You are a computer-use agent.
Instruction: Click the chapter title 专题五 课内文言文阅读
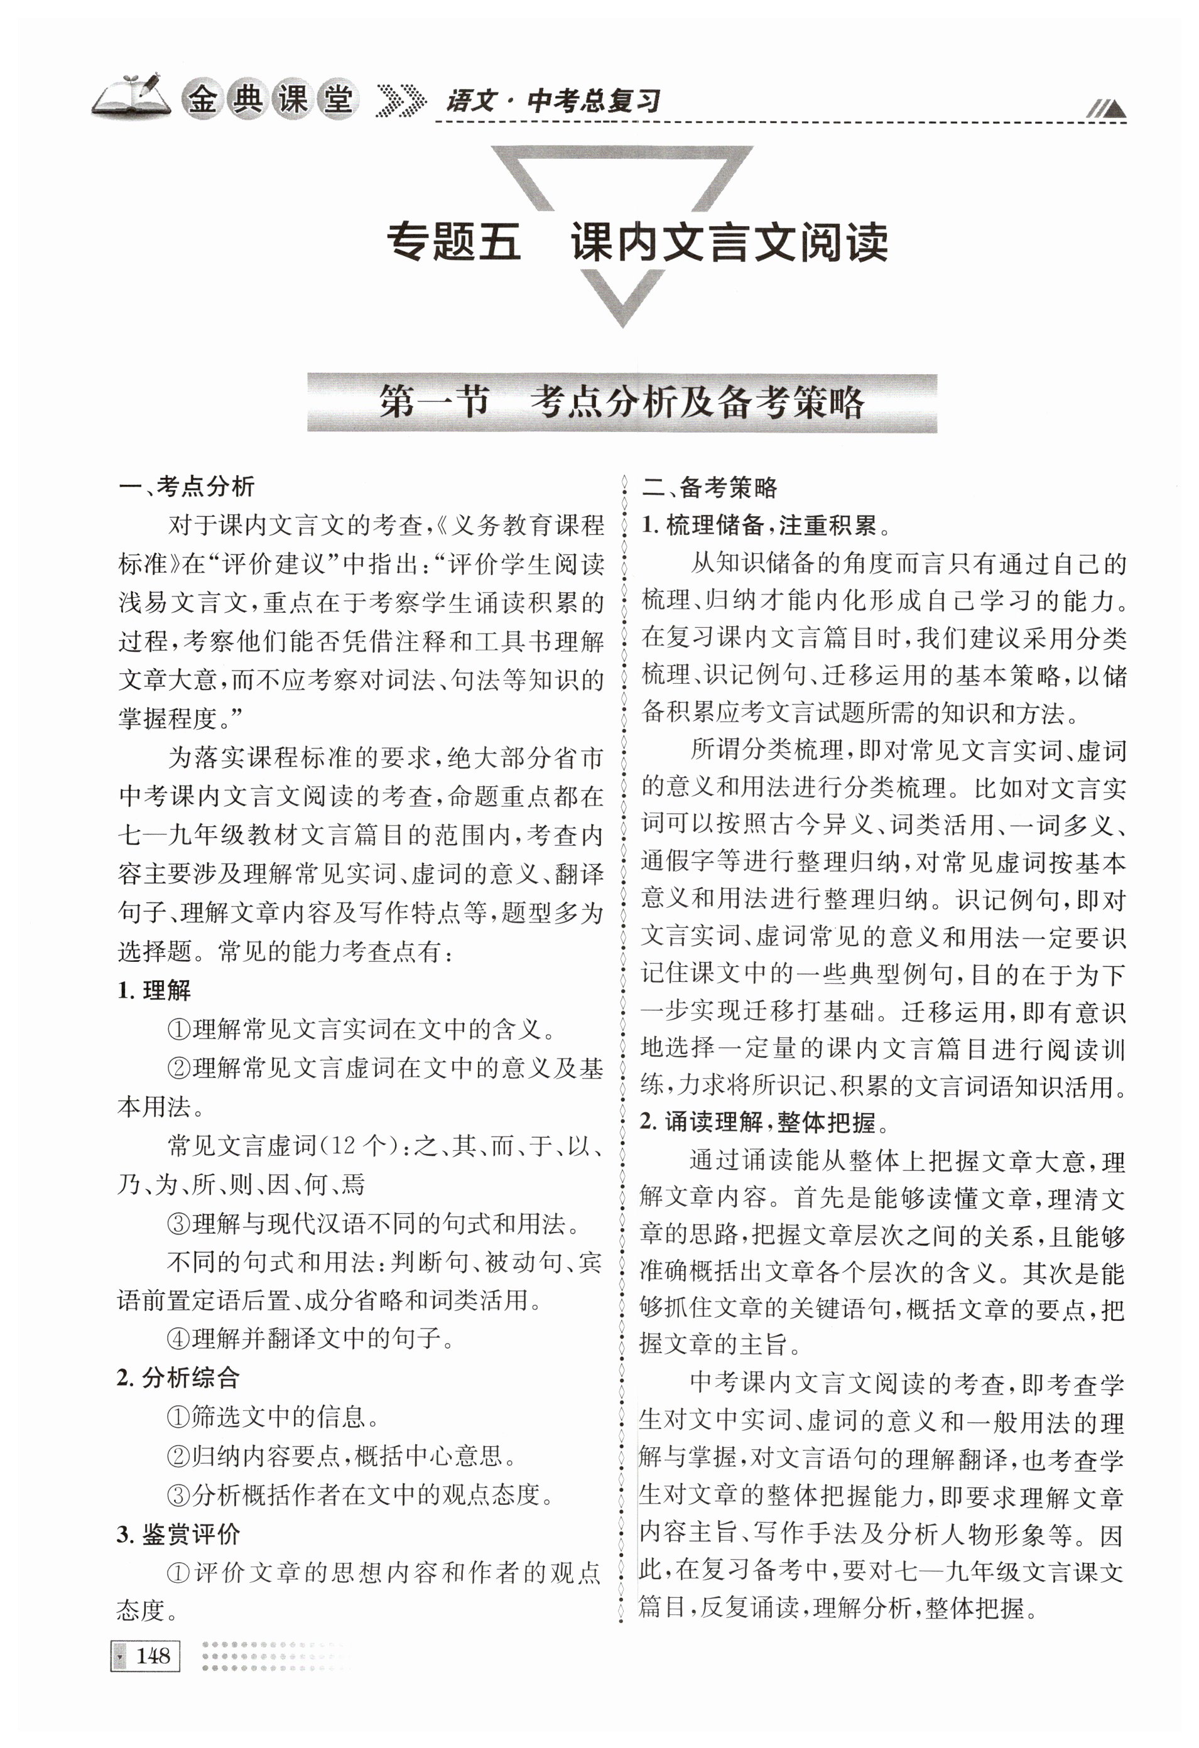(636, 242)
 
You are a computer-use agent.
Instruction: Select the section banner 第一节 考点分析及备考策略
(621, 402)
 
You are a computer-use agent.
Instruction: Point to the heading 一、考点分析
(187, 487)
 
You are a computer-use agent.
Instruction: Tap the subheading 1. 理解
(155, 991)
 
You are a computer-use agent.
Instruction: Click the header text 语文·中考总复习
(553, 102)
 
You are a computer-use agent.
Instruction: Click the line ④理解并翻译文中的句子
(310, 1338)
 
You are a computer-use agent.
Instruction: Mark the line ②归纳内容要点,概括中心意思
(342, 1455)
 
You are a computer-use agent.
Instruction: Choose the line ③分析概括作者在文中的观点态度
(361, 1494)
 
